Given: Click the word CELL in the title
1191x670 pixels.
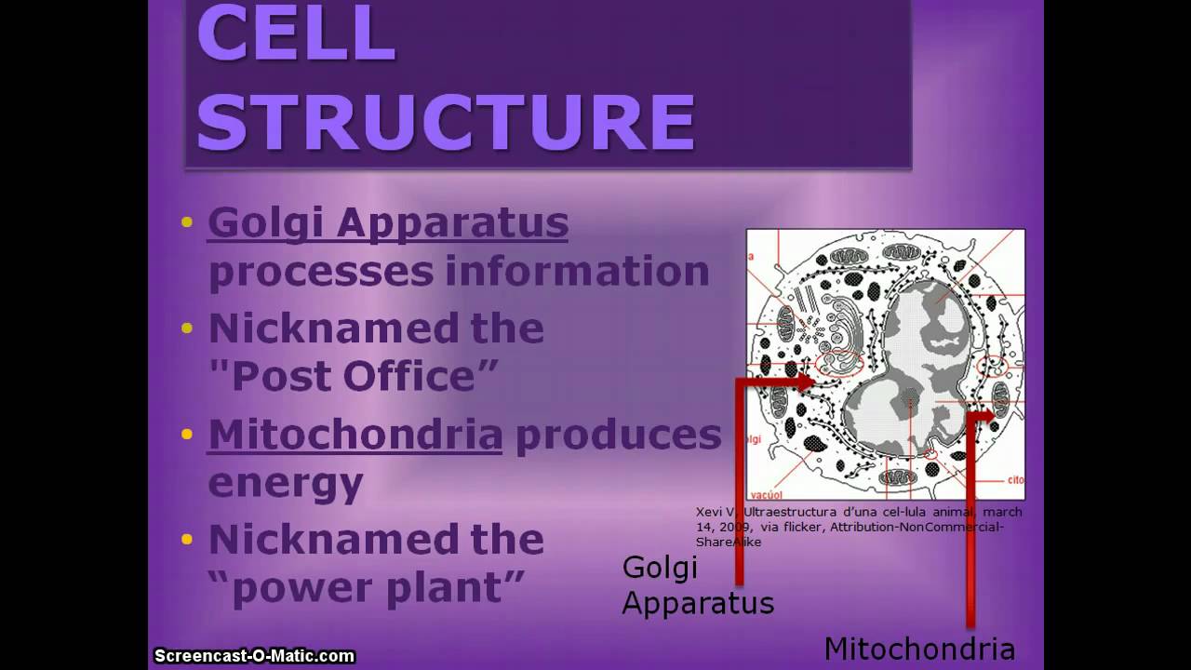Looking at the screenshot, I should [296, 35].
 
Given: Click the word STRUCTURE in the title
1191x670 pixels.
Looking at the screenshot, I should [446, 122].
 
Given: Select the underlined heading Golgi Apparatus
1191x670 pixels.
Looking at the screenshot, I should [387, 223].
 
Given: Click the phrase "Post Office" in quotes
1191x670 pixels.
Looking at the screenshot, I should [355, 376].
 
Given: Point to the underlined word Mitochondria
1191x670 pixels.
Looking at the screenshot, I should [355, 435].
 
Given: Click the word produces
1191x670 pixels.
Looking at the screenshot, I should [618, 435].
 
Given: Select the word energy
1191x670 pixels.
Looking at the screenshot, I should [285, 483].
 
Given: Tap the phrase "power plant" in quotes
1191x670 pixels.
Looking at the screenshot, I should [367, 588].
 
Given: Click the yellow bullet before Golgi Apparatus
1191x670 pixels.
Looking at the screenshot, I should [187, 222].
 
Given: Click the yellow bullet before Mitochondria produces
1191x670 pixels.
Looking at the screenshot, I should [187, 435].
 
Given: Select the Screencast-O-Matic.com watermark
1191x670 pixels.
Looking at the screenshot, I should [254, 656].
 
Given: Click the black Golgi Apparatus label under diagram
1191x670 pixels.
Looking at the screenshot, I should [697, 584].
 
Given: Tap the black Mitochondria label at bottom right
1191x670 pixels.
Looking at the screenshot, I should [919, 649].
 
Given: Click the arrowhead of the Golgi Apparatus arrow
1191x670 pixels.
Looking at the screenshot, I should [808, 381].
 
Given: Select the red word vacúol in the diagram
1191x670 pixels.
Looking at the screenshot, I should [766, 487].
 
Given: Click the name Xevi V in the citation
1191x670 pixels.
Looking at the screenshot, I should [716, 512].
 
